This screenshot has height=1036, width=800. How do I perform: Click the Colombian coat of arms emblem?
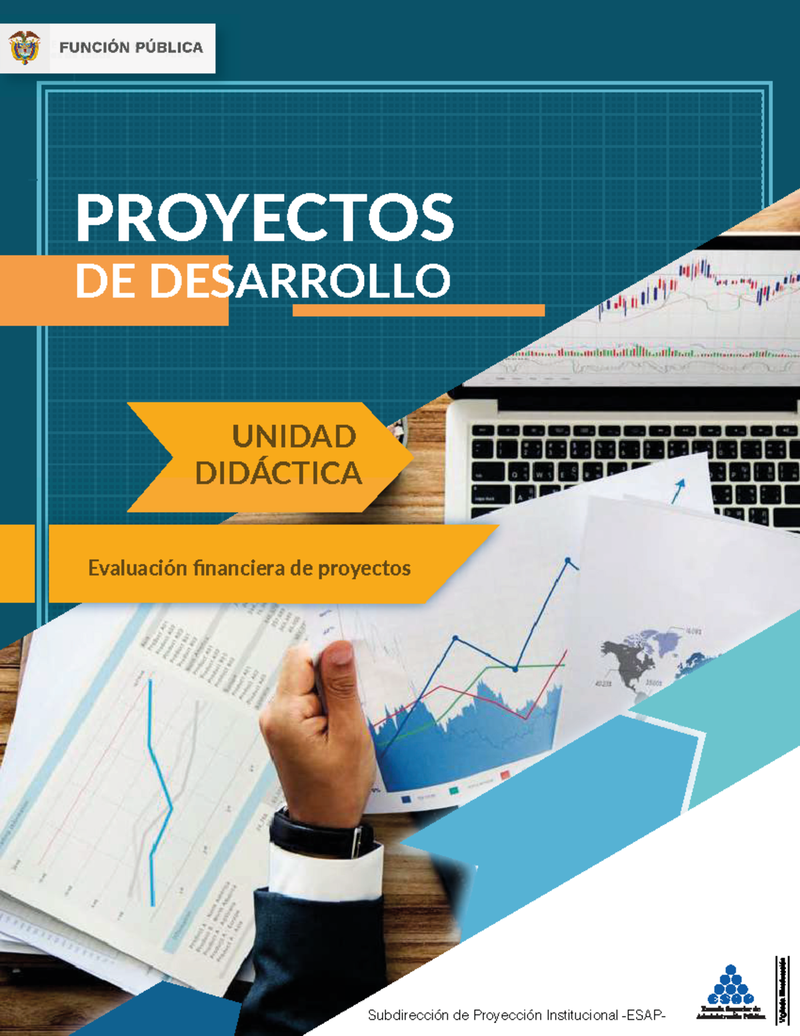(25, 48)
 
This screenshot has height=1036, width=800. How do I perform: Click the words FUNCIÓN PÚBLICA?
(131, 48)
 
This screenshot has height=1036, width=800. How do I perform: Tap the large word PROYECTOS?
(265, 217)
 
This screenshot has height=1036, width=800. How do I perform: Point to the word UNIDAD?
(294, 436)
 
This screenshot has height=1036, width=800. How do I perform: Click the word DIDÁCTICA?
(279, 473)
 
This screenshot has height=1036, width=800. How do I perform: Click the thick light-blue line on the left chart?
(157, 787)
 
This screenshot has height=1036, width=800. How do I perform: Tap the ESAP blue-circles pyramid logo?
(731, 985)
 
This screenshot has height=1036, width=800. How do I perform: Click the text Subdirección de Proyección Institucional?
(493, 1015)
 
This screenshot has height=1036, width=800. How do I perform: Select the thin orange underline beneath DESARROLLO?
(419, 310)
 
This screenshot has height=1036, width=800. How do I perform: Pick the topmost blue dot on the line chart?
(568, 560)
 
